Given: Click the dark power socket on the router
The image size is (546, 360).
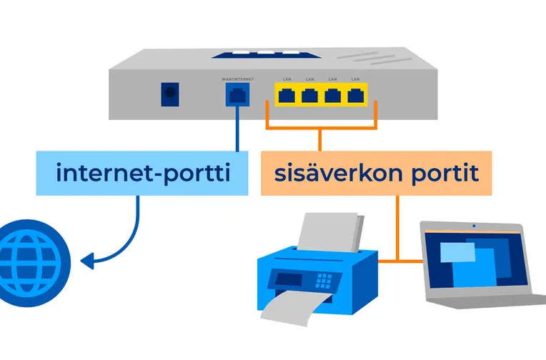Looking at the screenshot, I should tap(170, 94).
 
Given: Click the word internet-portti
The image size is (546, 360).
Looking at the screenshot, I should tap(144, 173).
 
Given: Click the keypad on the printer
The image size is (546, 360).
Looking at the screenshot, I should tap(328, 279).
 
